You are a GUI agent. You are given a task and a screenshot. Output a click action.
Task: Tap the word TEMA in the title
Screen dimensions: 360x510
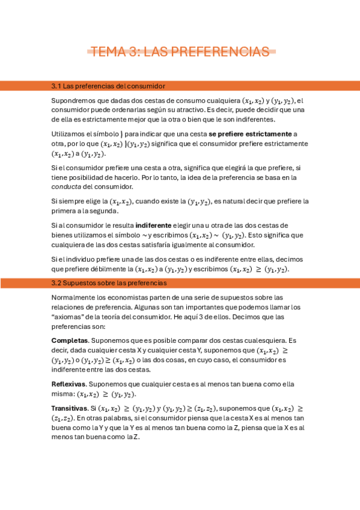(106, 52)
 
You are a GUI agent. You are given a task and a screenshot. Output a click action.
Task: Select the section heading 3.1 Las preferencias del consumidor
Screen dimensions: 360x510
(108, 87)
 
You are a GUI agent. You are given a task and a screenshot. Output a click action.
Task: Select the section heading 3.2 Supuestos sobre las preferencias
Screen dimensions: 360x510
(109, 283)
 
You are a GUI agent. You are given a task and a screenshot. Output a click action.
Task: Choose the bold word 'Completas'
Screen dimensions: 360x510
(69, 340)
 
